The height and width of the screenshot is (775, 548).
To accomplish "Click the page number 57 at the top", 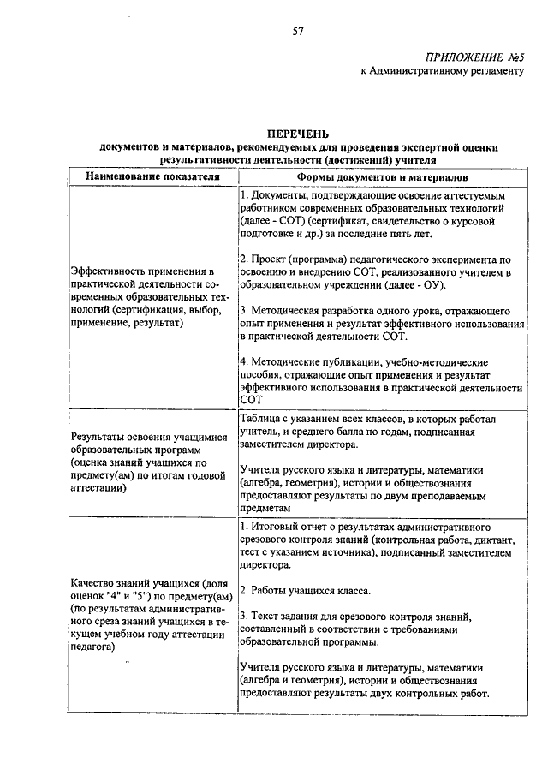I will tap(298, 31).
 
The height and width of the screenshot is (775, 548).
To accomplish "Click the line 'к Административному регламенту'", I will tap(440, 72).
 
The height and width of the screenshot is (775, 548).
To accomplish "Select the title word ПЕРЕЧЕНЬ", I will tap(297, 136).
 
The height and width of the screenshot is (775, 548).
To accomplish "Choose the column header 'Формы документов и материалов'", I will tap(382, 177).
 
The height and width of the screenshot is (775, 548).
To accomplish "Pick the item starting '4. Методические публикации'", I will tap(380, 375).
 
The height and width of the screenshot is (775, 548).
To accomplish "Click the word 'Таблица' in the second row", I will tap(263, 420).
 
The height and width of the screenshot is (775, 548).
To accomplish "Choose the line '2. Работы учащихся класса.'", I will tap(305, 590).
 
